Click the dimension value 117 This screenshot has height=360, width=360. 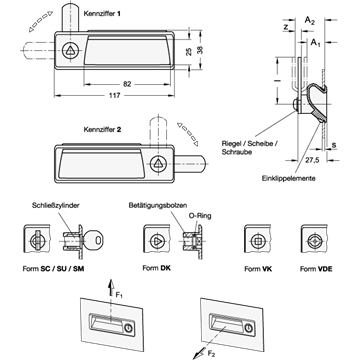(x=114, y=96)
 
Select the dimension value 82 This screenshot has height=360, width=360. (x=127, y=84)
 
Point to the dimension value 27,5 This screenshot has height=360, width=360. (x=312, y=160)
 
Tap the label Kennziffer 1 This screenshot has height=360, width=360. (x=102, y=14)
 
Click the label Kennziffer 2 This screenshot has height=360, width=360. (x=102, y=130)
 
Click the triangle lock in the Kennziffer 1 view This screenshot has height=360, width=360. (x=70, y=51)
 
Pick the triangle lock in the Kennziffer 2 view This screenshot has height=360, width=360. (x=158, y=164)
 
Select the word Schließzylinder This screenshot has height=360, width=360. (x=56, y=205)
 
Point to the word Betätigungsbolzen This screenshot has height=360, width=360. (x=158, y=205)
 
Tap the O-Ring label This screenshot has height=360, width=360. (x=200, y=216)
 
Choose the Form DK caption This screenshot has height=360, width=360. (x=156, y=268)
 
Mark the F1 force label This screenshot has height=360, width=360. (x=119, y=295)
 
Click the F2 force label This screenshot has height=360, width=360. (x=212, y=354)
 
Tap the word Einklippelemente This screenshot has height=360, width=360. (x=288, y=178)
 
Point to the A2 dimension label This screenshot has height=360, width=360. (x=310, y=21)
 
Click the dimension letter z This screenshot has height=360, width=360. (x=286, y=28)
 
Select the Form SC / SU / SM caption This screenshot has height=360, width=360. (x=53, y=269)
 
